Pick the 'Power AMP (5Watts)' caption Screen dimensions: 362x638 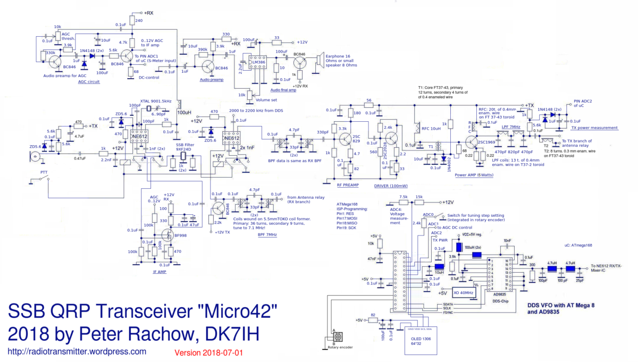tap(474, 174)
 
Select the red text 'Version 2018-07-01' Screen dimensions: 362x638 tap(208, 352)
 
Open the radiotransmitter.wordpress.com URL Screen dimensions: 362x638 tap(77, 351)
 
